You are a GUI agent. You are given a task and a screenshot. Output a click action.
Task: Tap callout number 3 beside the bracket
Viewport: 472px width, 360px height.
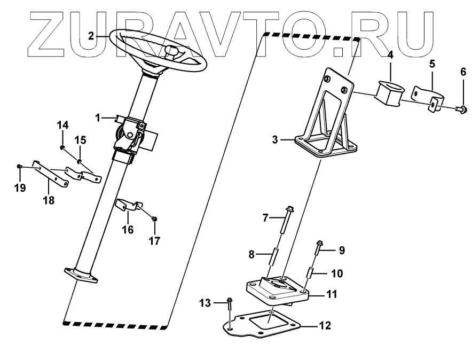(274, 140)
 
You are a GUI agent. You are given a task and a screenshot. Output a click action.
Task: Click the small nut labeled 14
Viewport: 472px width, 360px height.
(62, 147)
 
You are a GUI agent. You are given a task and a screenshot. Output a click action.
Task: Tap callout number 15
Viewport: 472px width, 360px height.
(80, 140)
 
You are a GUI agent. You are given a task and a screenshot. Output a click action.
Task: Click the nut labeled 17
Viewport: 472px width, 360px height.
(154, 218)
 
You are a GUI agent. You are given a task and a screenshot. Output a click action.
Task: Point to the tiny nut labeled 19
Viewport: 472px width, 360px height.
(19, 167)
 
